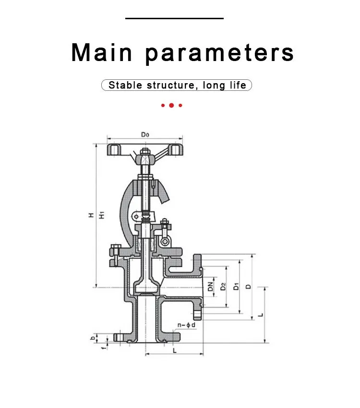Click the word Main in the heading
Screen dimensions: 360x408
coord(102,52)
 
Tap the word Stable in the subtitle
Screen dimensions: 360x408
coord(125,85)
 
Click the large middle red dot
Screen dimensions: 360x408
coord(171,105)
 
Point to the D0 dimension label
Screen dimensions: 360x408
coord(145,135)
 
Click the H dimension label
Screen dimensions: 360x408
coord(91,215)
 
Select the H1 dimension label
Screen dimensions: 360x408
coord(102,215)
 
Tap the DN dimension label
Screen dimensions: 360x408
coord(211,286)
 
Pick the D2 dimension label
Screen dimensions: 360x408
coord(223,286)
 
